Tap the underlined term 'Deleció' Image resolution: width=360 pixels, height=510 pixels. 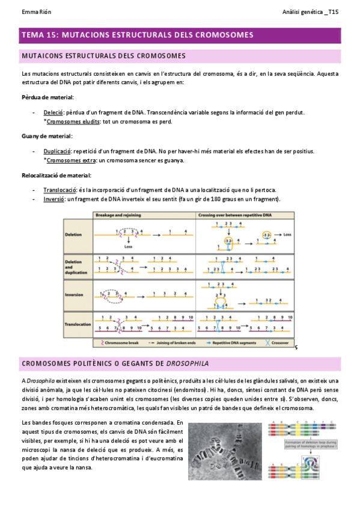coord(53,112)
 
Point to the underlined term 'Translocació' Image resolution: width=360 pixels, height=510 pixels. coord(59,190)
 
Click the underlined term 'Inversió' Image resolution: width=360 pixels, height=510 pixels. coord(54,199)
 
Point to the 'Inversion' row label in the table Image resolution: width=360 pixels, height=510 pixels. coord(78,295)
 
